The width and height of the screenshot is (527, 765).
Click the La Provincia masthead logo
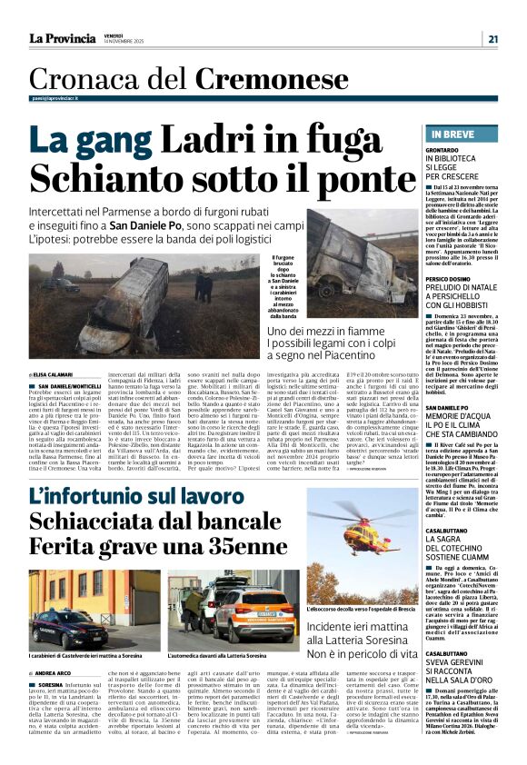62,38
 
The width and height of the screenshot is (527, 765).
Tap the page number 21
492,38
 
